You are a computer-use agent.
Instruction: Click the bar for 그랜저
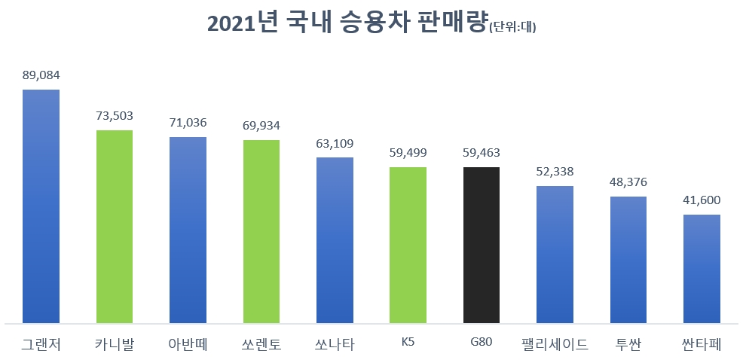(41, 207)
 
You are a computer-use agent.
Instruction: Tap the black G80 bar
(481, 246)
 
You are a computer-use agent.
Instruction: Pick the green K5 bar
(408, 246)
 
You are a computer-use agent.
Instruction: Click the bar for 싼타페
(702, 269)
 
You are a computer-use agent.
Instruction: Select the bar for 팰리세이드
(555, 255)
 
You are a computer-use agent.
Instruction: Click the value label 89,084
(41, 75)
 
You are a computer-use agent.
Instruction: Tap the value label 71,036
(188, 123)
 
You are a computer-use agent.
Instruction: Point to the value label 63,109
(335, 143)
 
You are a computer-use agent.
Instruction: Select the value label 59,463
(481, 153)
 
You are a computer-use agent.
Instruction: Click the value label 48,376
(628, 182)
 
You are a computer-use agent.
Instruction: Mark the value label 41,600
(702, 200)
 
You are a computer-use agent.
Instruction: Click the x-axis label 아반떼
(188, 345)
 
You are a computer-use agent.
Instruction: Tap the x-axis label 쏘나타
(335, 345)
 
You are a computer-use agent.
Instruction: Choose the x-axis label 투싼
(628, 345)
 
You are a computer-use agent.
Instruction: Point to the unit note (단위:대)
(512, 28)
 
